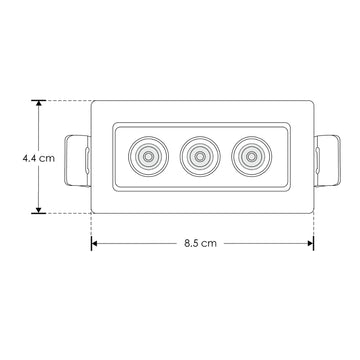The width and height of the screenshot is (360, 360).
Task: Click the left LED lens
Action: pos(149,156)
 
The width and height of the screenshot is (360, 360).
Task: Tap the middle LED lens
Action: pos(200,156)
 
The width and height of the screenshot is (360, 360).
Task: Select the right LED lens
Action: pos(252,156)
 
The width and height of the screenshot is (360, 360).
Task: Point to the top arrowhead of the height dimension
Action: pos(39,105)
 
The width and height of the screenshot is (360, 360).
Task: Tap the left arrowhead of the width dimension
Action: pos(96,243)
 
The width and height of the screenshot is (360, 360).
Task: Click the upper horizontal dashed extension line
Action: pos(65,100)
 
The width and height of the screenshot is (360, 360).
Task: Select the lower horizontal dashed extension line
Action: pos(65,212)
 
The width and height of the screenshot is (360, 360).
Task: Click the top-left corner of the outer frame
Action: pos(93,101)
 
